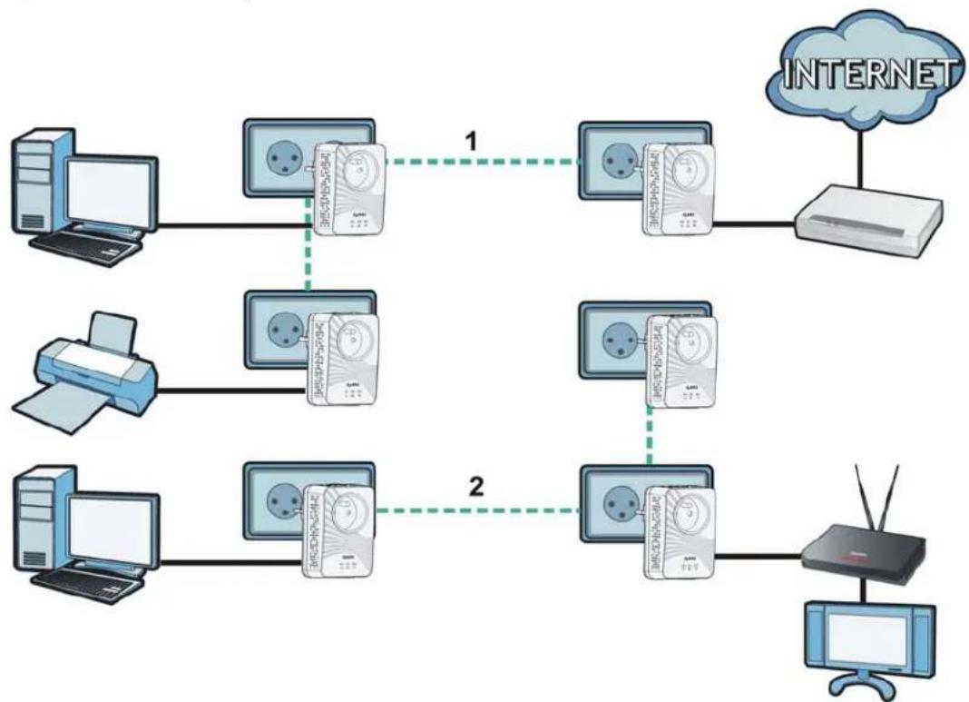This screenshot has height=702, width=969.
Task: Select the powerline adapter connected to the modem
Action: [x=680, y=191]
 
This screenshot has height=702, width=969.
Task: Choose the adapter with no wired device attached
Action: [x=680, y=359]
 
